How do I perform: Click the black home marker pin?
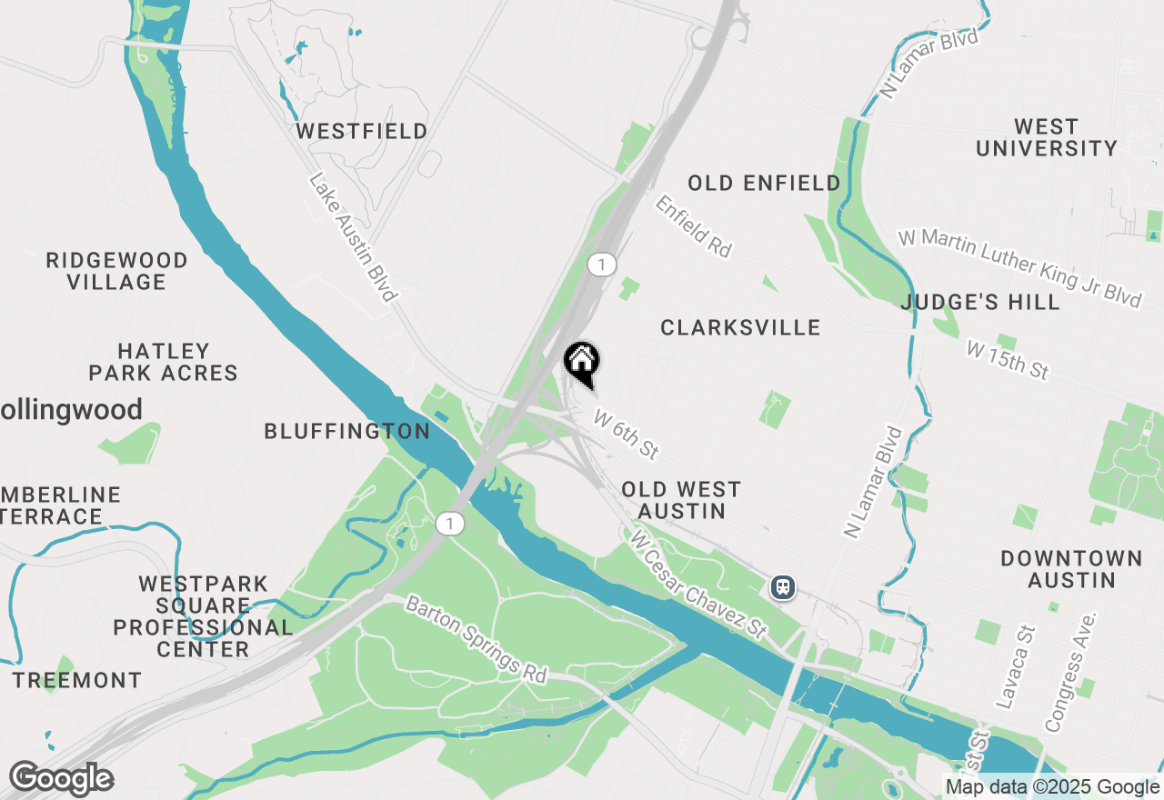pos(582,363)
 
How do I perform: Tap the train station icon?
pos(782,586)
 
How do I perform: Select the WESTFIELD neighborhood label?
pos(362,132)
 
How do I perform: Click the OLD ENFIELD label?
pos(764,184)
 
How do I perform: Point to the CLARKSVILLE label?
pos(740,327)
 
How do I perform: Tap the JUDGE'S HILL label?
pos(980,302)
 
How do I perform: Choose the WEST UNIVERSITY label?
pos(1046,137)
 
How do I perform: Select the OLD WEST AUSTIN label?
pos(681,501)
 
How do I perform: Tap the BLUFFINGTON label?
pos(347,432)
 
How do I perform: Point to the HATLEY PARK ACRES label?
pos(164,362)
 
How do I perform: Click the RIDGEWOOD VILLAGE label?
pos(117,271)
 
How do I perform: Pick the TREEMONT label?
pos(77,680)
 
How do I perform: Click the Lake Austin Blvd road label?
pos(353,238)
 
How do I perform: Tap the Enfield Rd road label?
pos(693,226)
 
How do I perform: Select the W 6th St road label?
pos(626,434)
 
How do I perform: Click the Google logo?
pos(61,779)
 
